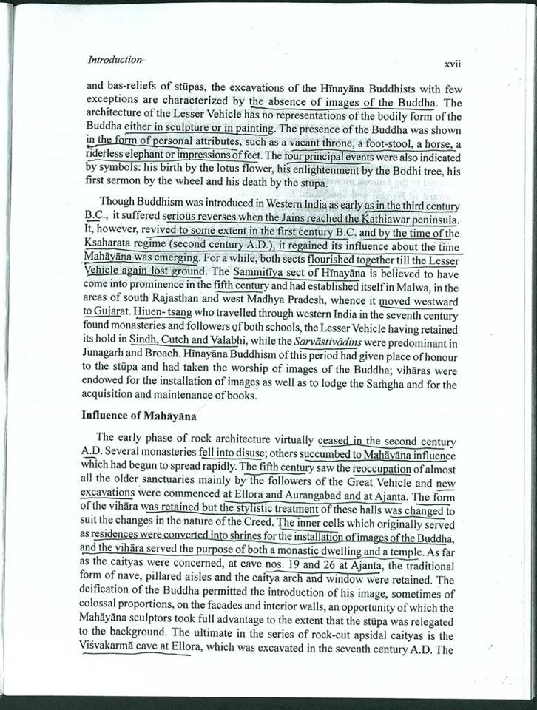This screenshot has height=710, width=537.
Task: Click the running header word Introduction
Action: coord(115,58)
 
